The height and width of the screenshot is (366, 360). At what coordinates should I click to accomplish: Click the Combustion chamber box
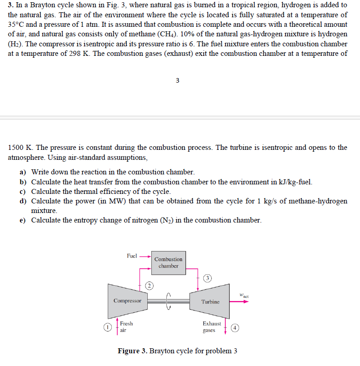[168, 262]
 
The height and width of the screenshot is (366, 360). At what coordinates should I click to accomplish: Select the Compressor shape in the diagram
[127, 301]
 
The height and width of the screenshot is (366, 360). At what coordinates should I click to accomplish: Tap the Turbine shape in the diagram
[210, 302]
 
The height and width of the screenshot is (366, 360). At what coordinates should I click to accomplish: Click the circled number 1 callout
[107, 327]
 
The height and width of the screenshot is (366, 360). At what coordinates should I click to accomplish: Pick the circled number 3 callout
[207, 278]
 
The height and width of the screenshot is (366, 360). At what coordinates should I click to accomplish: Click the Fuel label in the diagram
[132, 256]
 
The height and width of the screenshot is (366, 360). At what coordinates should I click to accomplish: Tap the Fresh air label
[126, 327]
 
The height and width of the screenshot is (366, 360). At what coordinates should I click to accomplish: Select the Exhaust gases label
[212, 327]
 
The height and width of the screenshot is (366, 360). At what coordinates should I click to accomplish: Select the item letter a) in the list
[22, 172]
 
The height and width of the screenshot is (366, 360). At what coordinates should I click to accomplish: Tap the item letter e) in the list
[22, 220]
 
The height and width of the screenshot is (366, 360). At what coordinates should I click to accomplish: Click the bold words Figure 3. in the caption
[132, 351]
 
